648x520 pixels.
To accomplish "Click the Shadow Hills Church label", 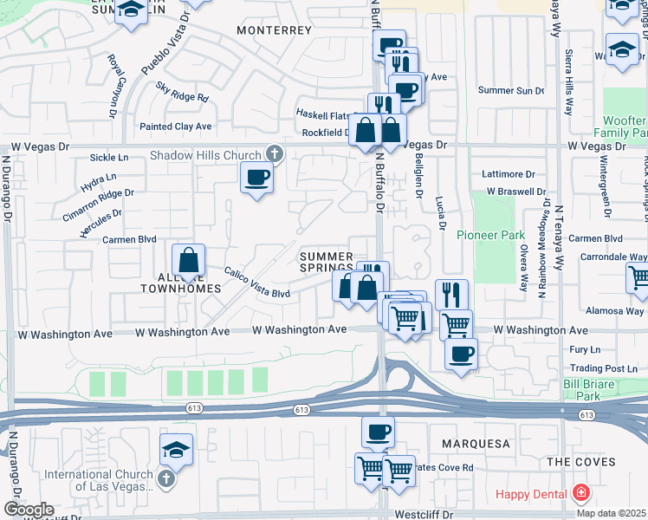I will click(205, 156).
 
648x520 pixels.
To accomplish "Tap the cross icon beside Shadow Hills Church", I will click(274, 154).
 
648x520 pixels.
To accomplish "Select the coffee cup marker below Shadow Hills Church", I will click(256, 179).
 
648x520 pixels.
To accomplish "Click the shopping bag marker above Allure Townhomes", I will click(188, 260).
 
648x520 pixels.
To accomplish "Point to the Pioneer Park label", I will click(502, 235).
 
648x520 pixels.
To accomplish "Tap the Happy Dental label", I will click(530, 495).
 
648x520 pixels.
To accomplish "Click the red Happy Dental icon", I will click(580, 495).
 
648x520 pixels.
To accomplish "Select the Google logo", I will click(29, 510).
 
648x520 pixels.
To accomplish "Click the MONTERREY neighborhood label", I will click(274, 29).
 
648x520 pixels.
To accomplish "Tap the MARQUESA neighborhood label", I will click(476, 444).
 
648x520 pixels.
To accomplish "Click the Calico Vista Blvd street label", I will click(257, 284).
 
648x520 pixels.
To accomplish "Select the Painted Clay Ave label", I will click(176, 127).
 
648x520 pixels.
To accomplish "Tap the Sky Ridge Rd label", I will click(182, 92).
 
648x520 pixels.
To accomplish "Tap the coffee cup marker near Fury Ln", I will click(462, 354).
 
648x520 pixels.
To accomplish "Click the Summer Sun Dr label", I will click(510, 90).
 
